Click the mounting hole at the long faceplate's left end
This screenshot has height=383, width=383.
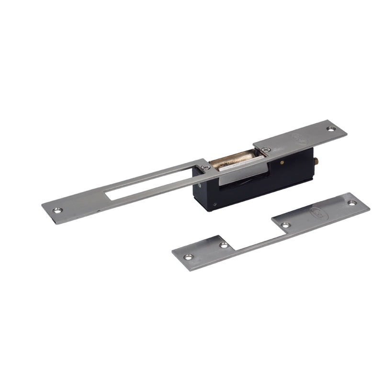coord(57,210)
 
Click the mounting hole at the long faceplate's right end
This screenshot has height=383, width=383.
coord(330,128)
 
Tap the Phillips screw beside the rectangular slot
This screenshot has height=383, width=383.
coord(205,167)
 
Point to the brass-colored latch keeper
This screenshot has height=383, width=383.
coord(235,158)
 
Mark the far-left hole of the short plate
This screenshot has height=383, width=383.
coord(189,257)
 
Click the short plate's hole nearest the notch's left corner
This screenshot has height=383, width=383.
coord(224,245)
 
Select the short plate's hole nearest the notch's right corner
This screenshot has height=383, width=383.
coord(285,225)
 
